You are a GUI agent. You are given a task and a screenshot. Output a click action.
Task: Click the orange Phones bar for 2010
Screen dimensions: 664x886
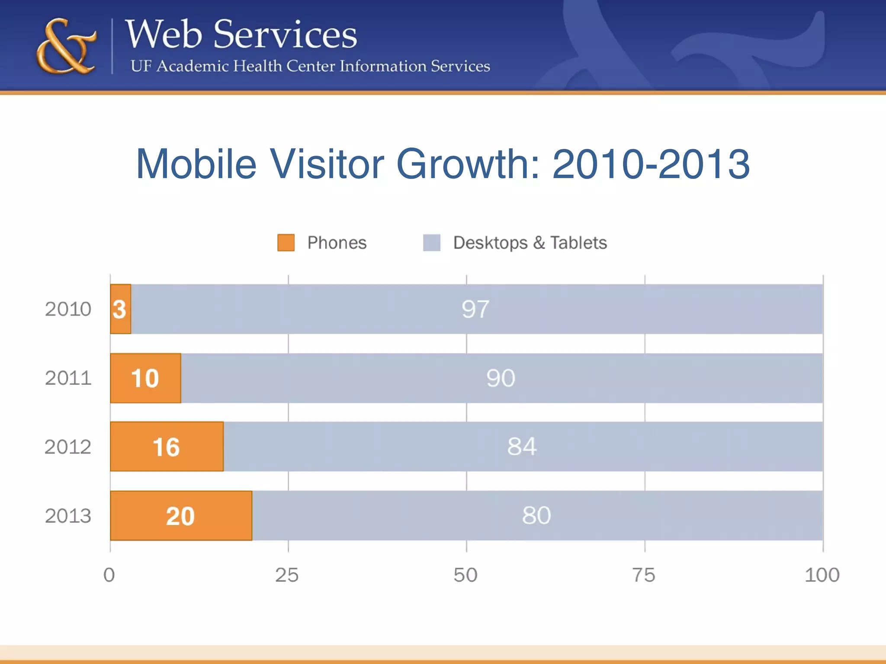coord(121,309)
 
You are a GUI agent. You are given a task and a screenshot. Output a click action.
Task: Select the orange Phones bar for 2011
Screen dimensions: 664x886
coord(145,378)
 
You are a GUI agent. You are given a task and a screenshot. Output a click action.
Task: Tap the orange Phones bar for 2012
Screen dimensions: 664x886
coord(167,447)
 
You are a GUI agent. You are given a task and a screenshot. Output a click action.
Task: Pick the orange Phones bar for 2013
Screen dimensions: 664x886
coord(181,516)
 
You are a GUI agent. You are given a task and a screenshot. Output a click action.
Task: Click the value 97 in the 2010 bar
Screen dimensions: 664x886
coord(475,309)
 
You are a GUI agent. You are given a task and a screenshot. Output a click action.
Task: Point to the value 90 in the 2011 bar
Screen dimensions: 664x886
coord(501,378)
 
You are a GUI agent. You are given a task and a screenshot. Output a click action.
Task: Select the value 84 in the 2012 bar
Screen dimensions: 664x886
coord(522,447)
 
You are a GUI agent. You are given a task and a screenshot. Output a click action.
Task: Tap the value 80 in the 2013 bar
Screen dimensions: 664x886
coord(536,515)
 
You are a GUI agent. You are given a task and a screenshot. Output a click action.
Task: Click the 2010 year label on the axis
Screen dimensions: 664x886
coord(68,309)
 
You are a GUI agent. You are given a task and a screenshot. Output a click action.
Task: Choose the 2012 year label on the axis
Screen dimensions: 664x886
coord(68,447)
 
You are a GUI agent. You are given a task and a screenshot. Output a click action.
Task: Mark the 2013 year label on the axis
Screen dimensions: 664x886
coord(68,516)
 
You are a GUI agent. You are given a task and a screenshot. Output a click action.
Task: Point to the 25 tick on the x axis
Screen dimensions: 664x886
coord(287,575)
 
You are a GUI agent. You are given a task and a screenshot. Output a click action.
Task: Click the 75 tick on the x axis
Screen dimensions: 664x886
coord(644,575)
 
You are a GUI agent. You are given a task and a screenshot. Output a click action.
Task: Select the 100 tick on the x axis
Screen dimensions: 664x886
coord(822,575)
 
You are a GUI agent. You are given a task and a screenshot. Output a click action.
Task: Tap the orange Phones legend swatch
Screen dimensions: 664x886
coord(286,243)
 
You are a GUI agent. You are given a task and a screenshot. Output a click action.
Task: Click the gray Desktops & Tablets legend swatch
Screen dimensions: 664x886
coord(431,243)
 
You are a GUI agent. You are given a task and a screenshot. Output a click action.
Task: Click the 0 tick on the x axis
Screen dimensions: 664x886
coord(109,575)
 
